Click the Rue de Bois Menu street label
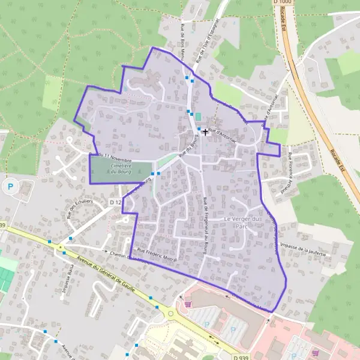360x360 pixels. click(x=182, y=43)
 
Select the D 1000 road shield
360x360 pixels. click(x=282, y=4)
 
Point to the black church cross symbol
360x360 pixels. click(x=206, y=131)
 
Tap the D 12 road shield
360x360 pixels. click(x=116, y=203)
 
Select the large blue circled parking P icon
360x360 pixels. click(x=10, y=187)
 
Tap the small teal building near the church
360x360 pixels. click(x=198, y=116)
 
